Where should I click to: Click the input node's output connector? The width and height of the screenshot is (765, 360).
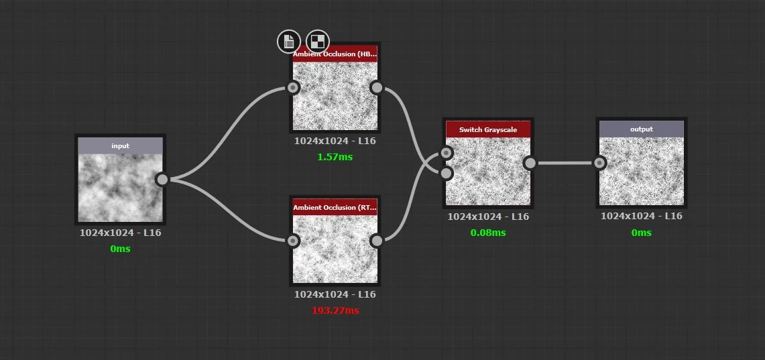(x=162, y=180)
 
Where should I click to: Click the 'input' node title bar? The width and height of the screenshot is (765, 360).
(x=121, y=145)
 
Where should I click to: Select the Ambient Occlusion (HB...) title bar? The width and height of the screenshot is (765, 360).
(x=335, y=54)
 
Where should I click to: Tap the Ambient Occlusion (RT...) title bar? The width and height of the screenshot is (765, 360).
(x=335, y=207)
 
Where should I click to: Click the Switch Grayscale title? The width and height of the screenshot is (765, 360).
(x=488, y=130)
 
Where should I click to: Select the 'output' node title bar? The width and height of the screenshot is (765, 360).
(x=642, y=129)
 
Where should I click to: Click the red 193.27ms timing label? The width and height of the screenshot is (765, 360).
(x=335, y=311)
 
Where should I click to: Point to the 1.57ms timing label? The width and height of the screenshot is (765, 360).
(x=335, y=157)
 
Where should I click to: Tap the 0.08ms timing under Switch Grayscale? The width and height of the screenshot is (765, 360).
(x=488, y=233)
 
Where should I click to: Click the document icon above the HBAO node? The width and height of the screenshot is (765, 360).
(x=289, y=41)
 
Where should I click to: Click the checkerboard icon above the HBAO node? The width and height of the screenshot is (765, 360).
(x=318, y=41)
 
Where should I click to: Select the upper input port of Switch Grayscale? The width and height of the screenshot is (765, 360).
(x=446, y=153)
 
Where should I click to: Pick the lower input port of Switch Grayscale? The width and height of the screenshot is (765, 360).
(x=446, y=173)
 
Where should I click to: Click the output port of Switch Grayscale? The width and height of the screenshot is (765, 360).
(x=530, y=163)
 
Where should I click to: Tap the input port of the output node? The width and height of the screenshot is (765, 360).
(x=599, y=163)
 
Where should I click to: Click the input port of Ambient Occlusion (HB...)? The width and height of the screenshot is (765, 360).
(x=293, y=87)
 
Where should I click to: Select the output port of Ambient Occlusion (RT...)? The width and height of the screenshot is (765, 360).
(x=377, y=241)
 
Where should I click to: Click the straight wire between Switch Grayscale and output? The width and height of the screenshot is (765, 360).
(x=565, y=163)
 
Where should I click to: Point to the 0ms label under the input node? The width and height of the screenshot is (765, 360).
(x=121, y=249)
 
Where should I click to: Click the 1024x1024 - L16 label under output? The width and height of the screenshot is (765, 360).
(x=642, y=216)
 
